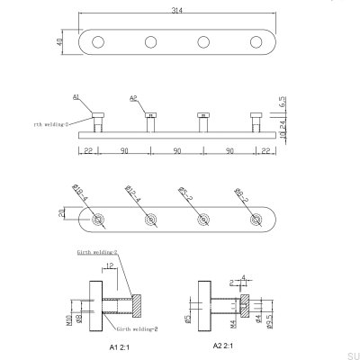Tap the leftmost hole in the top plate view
98,41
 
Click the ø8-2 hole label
241,191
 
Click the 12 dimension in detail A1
108,267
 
